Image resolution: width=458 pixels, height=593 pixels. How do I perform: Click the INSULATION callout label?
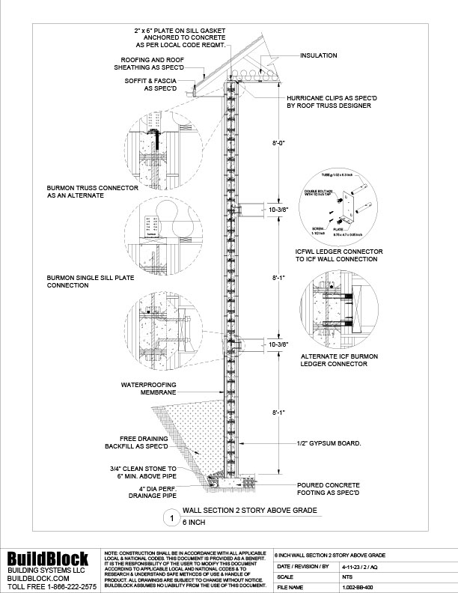(319, 55)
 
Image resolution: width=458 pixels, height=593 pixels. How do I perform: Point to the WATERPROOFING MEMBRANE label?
(149, 388)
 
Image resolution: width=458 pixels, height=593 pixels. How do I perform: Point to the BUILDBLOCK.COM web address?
(39, 578)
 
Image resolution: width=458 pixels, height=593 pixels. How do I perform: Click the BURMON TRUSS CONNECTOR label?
(83, 192)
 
